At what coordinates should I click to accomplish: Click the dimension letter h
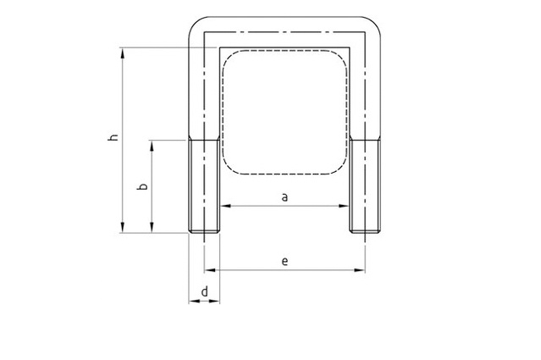[113, 137]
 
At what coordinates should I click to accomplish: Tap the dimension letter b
[142, 186]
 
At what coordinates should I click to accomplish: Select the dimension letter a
[284, 197]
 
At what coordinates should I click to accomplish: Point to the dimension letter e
[284, 262]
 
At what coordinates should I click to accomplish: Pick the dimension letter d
[205, 291]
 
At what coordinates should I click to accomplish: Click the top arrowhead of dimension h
[123, 53]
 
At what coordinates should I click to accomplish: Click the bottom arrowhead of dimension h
[123, 227]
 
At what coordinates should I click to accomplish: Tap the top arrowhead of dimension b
[152, 146]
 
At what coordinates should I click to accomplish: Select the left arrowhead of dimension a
[226, 206]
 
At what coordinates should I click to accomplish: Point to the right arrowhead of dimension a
[344, 206]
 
